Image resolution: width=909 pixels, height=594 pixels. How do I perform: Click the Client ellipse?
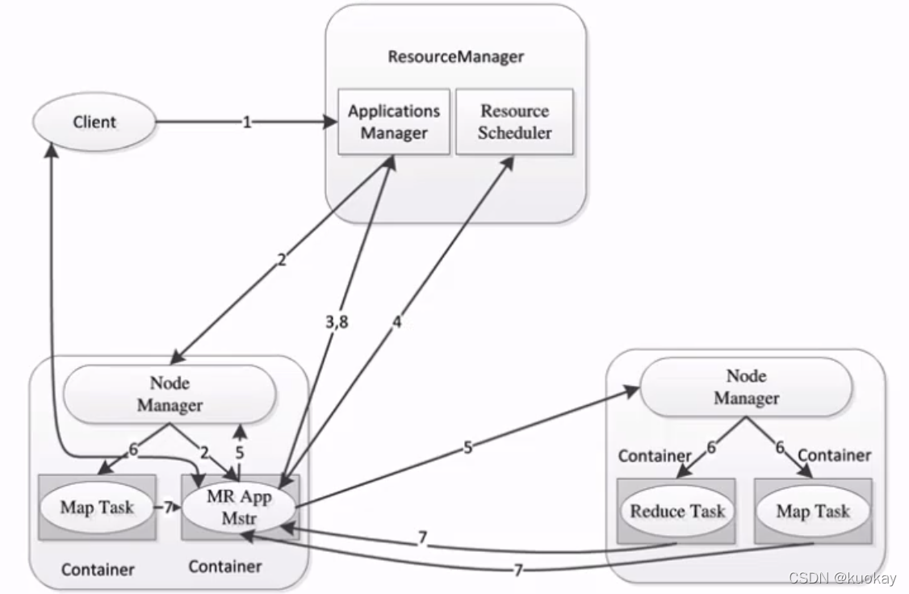tap(94, 123)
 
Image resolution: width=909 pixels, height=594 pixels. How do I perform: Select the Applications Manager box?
tap(394, 122)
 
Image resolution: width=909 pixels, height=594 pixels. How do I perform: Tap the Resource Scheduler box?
tap(514, 122)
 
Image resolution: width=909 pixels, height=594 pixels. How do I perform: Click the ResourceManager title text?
tap(455, 56)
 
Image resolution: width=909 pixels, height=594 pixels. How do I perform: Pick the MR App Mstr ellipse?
tap(239, 507)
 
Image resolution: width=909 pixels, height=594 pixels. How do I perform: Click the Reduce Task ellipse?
tap(677, 511)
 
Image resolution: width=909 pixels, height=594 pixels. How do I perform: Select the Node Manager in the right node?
tap(746, 387)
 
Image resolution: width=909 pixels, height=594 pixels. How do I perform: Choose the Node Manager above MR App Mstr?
tap(170, 394)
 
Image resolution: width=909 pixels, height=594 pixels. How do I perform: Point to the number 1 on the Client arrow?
tap(247, 122)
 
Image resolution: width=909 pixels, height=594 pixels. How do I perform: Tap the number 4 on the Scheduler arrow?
tap(396, 323)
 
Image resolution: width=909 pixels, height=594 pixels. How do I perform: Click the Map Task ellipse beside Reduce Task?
tap(813, 511)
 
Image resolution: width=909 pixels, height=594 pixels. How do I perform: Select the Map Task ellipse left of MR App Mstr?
tap(97, 508)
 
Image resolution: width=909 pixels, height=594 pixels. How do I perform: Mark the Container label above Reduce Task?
tap(655, 456)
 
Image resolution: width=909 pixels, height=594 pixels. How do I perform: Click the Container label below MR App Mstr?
tap(225, 567)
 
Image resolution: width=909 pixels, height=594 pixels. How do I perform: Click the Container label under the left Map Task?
tap(98, 570)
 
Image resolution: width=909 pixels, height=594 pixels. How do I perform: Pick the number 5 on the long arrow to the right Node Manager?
tap(467, 446)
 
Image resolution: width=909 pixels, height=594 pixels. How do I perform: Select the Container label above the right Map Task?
tap(835, 455)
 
